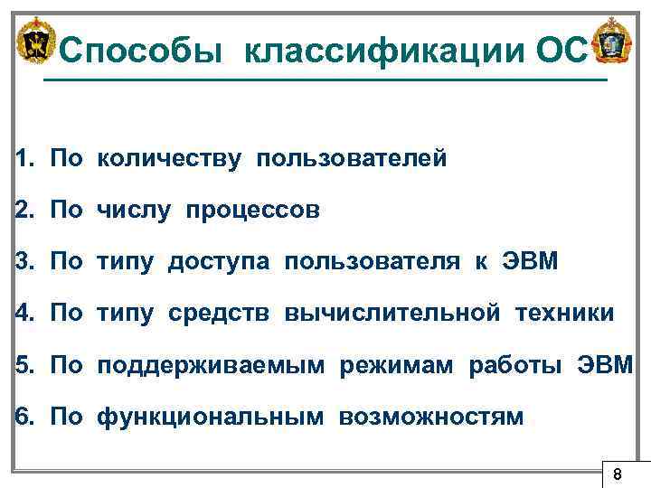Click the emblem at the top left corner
pyautogui.click(x=37, y=42)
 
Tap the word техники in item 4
pyautogui.click(x=565, y=314)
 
